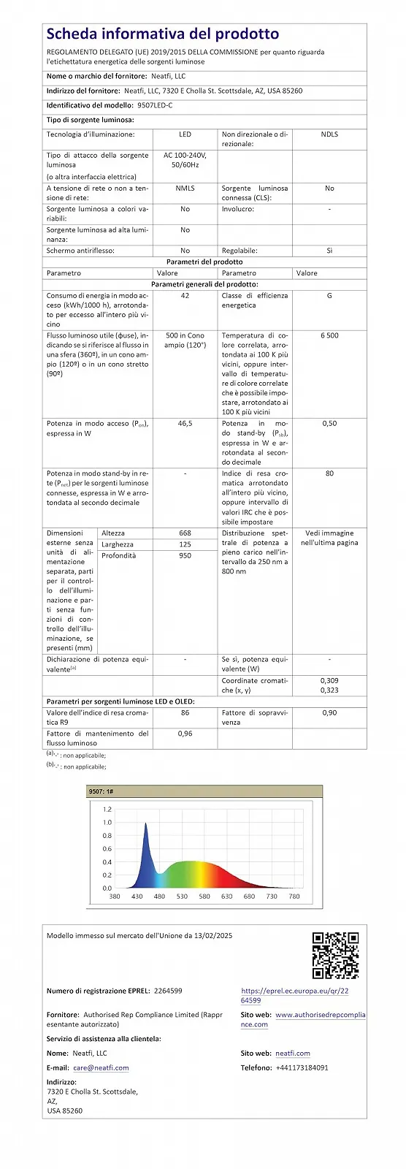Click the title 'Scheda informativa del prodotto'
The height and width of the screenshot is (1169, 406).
point(162,34)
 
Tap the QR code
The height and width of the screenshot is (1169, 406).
point(335,955)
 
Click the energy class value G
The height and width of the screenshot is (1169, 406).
point(329,296)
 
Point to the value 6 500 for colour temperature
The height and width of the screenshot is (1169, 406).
point(329,335)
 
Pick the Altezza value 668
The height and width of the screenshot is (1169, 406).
point(185,533)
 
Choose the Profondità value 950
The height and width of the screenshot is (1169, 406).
point(185,556)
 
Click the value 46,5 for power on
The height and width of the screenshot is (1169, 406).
point(185,424)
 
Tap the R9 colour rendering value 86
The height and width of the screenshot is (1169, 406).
point(185,712)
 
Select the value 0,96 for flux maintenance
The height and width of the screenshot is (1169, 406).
point(185,734)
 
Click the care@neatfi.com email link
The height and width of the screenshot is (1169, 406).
point(101,1067)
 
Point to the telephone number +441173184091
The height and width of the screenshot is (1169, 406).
point(302,1067)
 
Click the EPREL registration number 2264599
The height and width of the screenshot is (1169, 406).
point(168,991)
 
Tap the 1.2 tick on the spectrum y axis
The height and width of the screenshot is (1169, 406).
point(107,810)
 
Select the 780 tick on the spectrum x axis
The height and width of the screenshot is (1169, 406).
point(294,896)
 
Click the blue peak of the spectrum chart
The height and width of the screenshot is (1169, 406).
point(145,826)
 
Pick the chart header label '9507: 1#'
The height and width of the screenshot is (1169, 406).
point(101,791)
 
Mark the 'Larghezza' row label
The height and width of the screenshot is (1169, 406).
point(118,544)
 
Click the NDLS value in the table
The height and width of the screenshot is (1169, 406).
point(329,134)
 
